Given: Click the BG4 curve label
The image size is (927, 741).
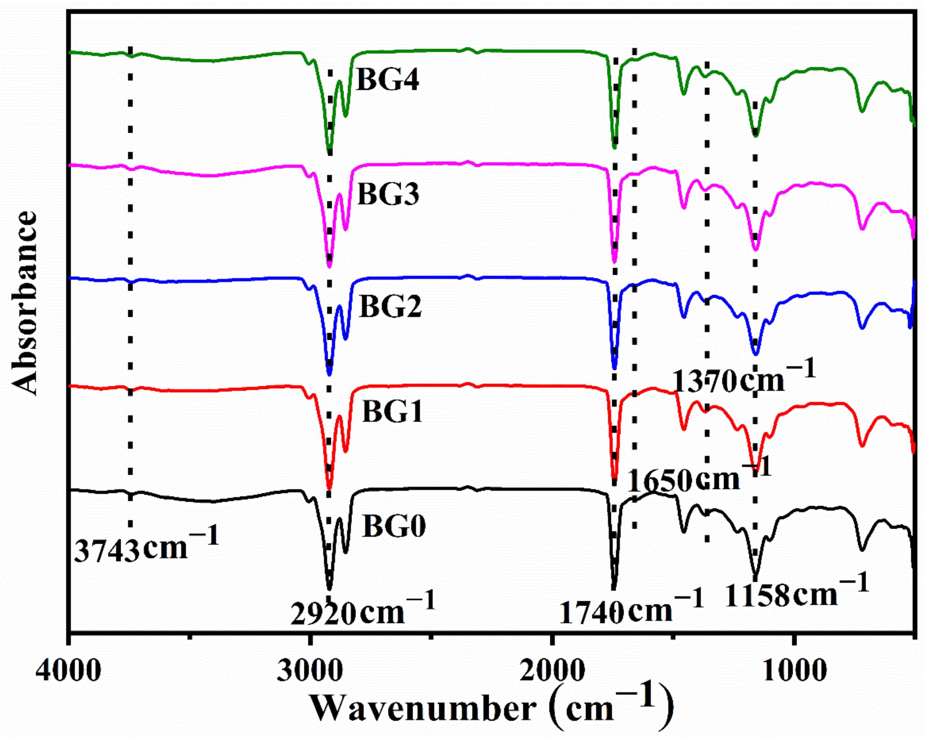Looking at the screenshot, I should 387,80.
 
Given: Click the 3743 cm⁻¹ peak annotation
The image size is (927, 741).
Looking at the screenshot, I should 146,548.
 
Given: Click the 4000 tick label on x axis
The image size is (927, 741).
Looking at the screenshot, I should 69,671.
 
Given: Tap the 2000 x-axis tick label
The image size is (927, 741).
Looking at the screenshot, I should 552,671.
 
